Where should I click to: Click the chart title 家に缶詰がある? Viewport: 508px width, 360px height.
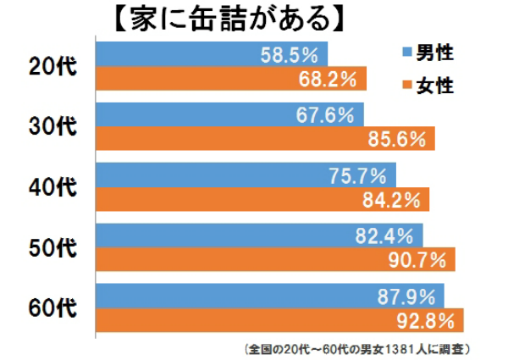coord(223,18)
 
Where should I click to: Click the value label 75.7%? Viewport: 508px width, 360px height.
coord(358,175)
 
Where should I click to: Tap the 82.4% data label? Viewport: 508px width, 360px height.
coord(386,235)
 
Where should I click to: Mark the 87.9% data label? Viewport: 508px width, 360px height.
coord(407,296)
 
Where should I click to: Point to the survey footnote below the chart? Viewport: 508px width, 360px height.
coord(356,348)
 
